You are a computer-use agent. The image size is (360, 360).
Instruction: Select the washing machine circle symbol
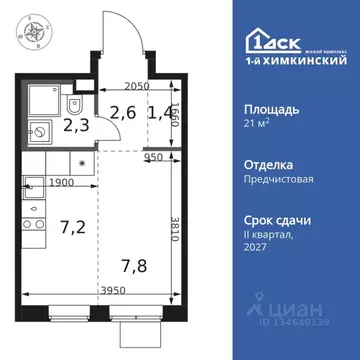coord(39,130)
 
